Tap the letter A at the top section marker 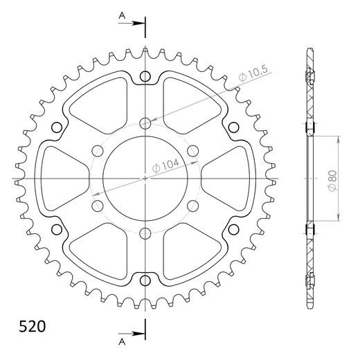pyautogui.click(x=122, y=14)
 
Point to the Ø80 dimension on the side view pyautogui.click(x=333, y=177)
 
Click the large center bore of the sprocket pyautogui.click(x=145, y=178)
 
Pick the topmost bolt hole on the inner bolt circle pyautogui.click(x=145, y=124)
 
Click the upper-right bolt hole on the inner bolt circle pyautogui.click(x=192, y=151)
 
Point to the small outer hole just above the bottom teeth pyautogui.click(x=145, y=280)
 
